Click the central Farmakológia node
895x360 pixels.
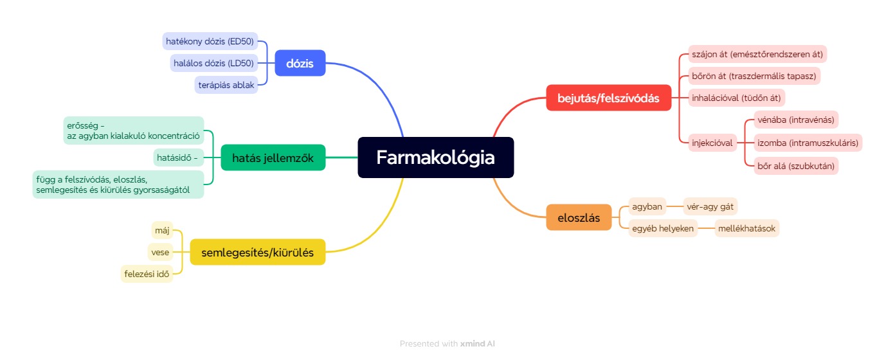(x=435, y=157)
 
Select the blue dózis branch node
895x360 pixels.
(x=300, y=63)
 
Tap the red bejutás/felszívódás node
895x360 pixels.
(x=608, y=98)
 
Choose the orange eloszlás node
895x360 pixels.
(x=579, y=217)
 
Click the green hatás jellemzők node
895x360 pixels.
(x=273, y=158)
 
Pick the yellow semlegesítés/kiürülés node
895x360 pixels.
(x=257, y=252)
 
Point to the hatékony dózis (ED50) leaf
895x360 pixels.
(x=210, y=41)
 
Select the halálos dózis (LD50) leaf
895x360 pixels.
(x=213, y=63)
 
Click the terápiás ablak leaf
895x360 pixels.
(x=226, y=85)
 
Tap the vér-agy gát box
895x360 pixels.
(x=710, y=206)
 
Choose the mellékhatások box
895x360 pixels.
(x=746, y=228)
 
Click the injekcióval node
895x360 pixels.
(x=712, y=143)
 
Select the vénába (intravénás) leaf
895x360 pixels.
(x=795, y=120)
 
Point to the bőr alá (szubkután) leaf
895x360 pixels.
(x=795, y=166)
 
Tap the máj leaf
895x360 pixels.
(x=162, y=231)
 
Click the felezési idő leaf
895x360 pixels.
(x=147, y=274)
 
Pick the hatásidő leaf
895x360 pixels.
(x=178, y=158)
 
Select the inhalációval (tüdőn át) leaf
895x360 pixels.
(x=736, y=98)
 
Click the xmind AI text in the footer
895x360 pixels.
(x=478, y=344)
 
